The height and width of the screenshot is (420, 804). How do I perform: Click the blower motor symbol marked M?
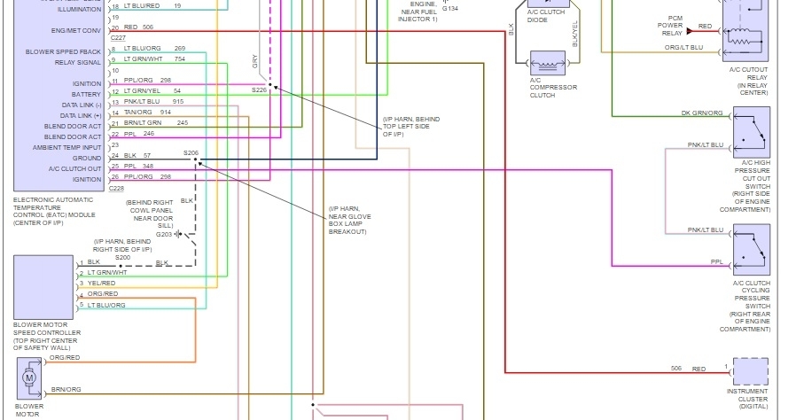click(x=29, y=378)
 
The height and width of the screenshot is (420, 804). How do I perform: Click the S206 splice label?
click(x=191, y=152)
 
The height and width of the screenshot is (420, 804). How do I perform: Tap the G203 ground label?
click(x=164, y=234)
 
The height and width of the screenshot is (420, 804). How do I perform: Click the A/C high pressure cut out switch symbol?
click(x=752, y=133)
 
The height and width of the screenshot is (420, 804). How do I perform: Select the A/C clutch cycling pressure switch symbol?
click(x=752, y=251)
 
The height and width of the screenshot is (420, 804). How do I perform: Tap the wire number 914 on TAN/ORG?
click(x=166, y=112)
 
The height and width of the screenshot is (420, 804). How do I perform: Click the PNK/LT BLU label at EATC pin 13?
click(x=142, y=101)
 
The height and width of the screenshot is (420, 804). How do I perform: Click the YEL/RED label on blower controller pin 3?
click(x=103, y=284)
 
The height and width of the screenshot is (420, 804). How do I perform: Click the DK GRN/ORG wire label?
click(x=701, y=113)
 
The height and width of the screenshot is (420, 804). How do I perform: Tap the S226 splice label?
click(x=259, y=89)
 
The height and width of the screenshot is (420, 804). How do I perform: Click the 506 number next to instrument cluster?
click(x=676, y=368)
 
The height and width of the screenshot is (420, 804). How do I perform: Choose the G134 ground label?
click(x=425, y=32)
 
